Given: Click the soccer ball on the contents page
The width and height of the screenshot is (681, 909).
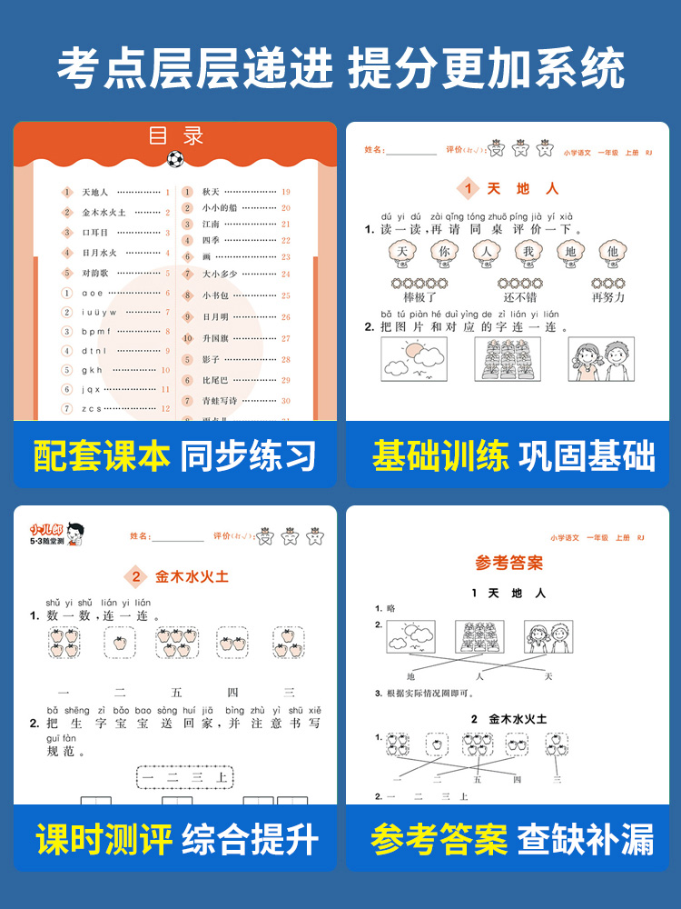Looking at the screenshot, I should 174,158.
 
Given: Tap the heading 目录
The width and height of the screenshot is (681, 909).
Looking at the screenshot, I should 177,136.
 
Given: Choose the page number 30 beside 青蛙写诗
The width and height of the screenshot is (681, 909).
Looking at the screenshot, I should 285,401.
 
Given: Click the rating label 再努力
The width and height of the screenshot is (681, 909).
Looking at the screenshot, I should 607,297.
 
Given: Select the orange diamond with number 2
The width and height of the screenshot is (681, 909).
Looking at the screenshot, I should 136,576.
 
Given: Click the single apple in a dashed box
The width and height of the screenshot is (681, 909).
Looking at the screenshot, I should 118,644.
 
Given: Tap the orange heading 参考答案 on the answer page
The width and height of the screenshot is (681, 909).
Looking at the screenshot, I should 509,563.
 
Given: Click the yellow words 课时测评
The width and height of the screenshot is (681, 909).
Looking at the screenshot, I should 104,840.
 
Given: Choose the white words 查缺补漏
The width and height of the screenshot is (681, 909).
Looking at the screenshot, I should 586,840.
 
